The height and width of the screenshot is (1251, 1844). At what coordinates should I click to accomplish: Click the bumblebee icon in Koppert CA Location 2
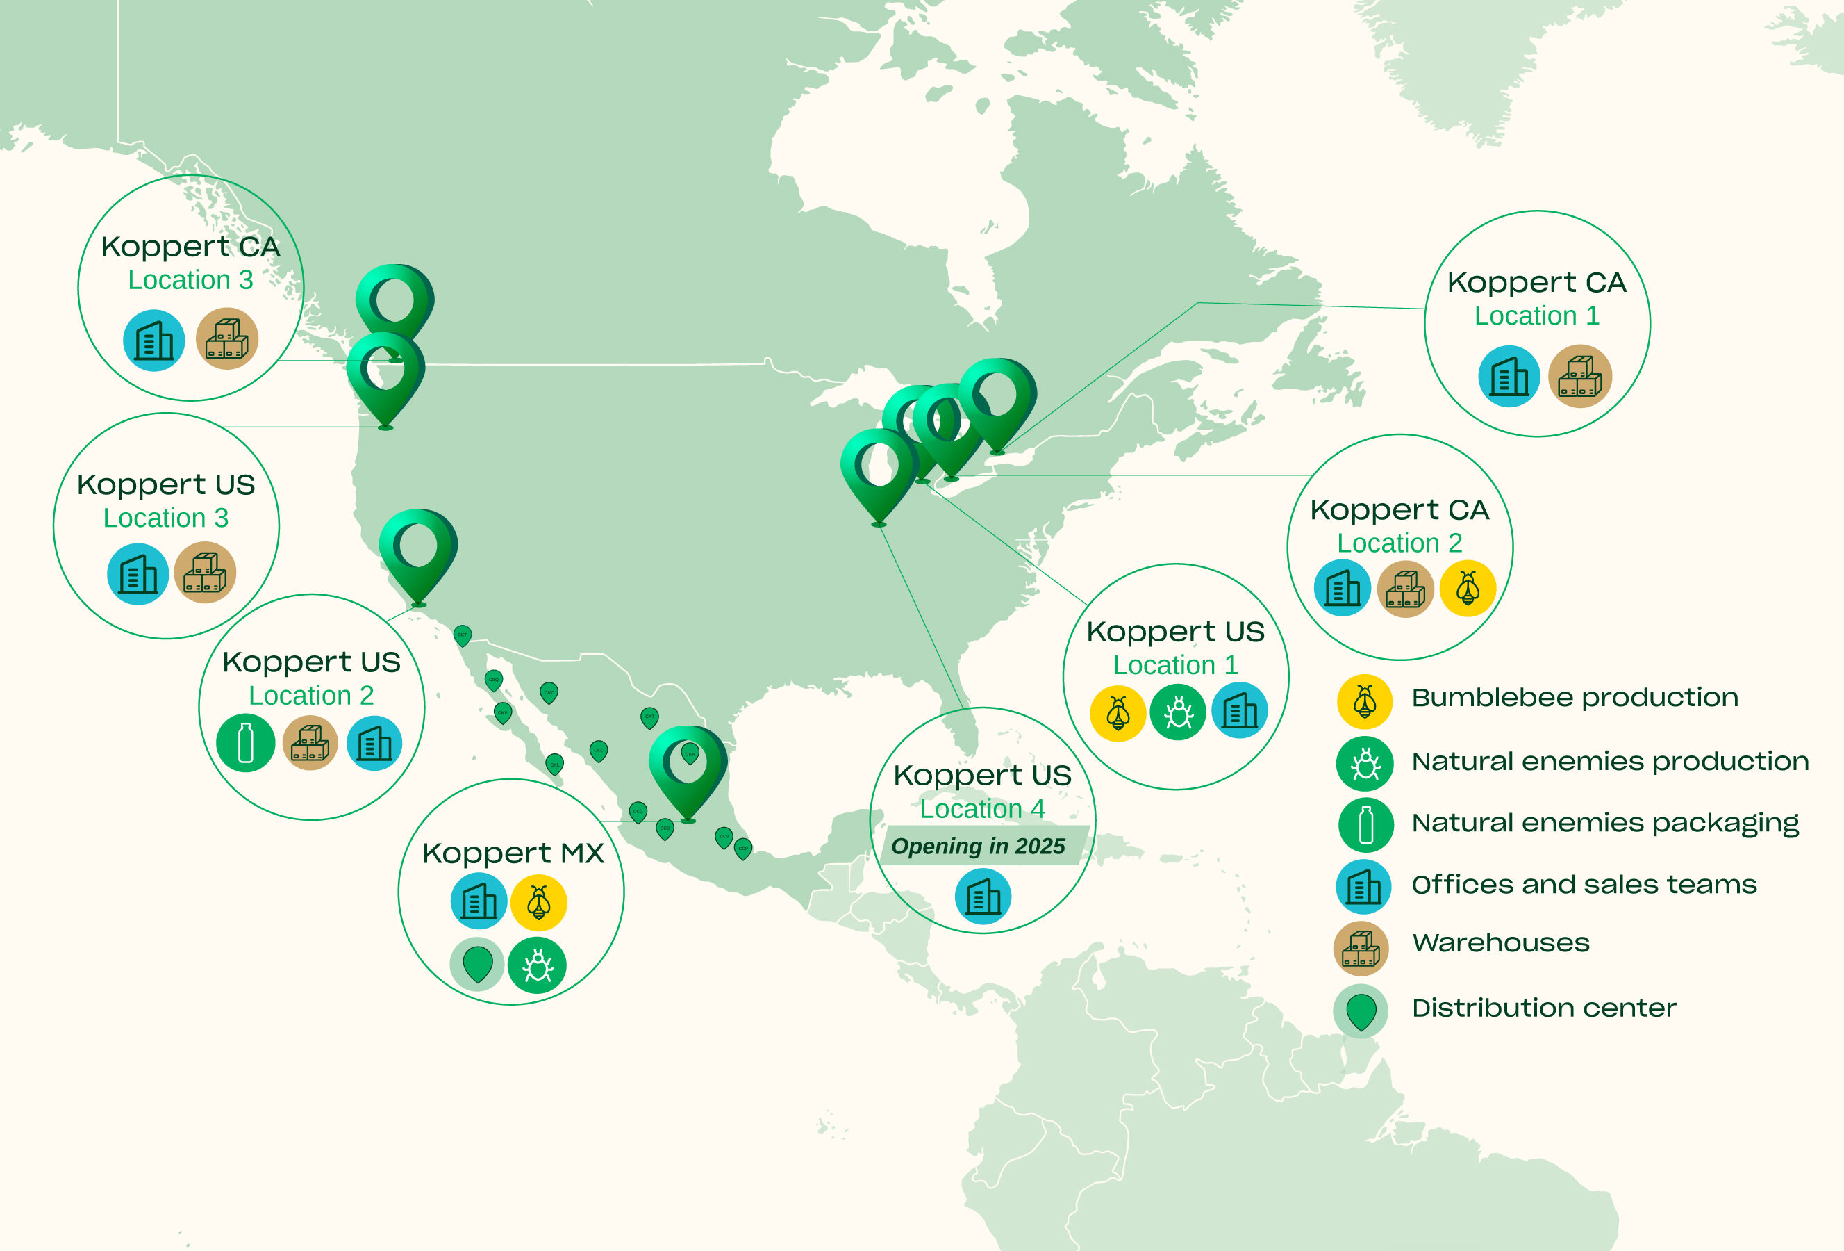coord(1467,588)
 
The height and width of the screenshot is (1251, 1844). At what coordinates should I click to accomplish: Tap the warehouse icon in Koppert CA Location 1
coord(1580,376)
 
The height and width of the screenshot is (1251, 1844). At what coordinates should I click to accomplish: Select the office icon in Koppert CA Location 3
coord(154,341)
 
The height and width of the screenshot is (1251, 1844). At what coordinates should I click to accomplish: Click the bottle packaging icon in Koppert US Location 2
coord(246,743)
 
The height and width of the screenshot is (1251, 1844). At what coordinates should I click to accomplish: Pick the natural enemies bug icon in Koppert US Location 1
coord(1177,711)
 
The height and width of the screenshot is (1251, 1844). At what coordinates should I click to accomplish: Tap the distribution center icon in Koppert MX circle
coord(477,964)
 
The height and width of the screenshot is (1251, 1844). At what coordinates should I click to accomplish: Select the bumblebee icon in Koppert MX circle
coord(539,901)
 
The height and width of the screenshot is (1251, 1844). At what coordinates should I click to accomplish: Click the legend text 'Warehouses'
coord(1500,943)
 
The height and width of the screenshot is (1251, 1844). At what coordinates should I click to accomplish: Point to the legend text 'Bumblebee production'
coord(1575,698)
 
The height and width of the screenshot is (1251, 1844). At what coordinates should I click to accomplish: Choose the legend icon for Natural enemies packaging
coord(1365,825)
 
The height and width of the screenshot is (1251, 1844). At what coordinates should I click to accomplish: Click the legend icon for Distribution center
coord(1361,1011)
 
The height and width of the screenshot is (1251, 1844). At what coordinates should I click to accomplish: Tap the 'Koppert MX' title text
coord(513,853)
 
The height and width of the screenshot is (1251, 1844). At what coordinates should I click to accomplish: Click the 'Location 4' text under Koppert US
coord(981,809)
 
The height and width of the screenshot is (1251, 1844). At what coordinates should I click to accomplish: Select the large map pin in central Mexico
coord(687,766)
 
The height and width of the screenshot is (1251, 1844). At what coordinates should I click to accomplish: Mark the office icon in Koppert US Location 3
coord(138,574)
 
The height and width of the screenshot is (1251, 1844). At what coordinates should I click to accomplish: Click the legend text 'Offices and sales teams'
coord(1584,884)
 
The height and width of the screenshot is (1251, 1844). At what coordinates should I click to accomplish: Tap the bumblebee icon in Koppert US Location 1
coord(1118,712)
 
